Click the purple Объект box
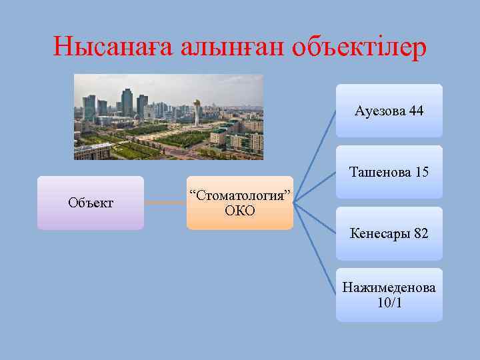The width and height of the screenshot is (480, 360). (90, 203)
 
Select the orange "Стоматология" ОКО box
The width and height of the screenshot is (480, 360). (239, 203)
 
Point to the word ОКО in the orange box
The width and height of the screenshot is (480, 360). (240, 211)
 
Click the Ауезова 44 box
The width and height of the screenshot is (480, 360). (389, 111)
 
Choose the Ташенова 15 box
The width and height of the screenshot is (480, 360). (389, 172)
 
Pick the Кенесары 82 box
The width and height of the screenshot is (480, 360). (389, 233)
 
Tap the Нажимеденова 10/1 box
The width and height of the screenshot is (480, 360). (389, 295)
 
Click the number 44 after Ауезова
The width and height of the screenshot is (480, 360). (415, 111)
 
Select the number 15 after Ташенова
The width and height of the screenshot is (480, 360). (421, 172)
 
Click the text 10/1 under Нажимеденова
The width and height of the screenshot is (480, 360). (389, 303)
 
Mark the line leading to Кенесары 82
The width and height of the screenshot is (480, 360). (315, 218)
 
